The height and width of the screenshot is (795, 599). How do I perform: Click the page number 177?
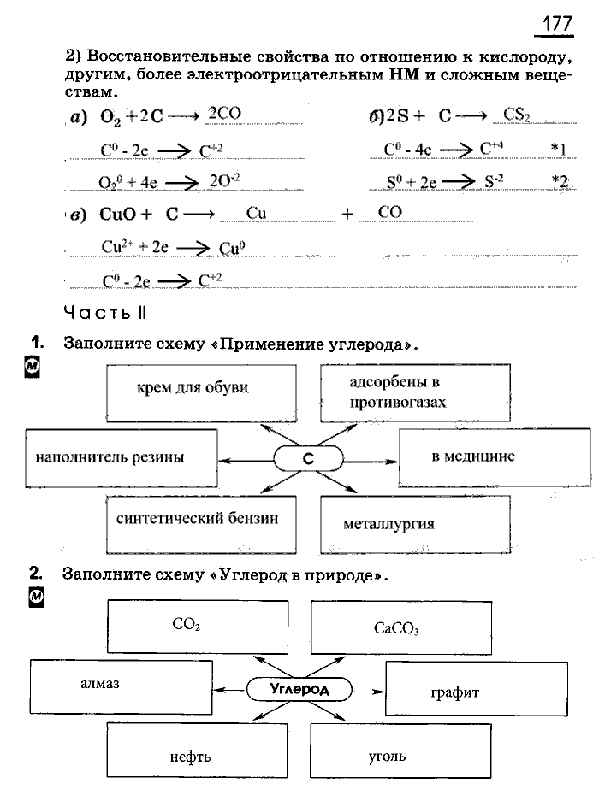point(556,24)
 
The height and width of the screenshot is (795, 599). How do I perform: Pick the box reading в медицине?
point(483,457)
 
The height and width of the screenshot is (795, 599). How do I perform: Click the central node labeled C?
point(310,459)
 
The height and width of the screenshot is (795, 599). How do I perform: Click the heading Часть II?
point(105,313)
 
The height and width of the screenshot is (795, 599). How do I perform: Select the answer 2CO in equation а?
point(225,114)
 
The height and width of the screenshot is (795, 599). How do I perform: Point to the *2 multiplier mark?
point(560,180)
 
